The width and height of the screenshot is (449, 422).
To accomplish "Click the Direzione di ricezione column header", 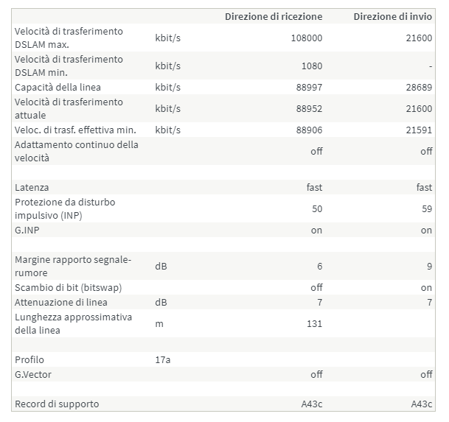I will (x=273, y=16).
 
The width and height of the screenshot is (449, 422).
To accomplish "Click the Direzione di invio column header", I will (x=392, y=16).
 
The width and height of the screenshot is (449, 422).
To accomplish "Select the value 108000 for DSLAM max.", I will (x=307, y=38).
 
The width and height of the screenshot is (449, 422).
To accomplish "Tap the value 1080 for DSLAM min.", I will (x=312, y=66).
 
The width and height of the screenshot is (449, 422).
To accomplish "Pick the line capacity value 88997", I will (x=310, y=88).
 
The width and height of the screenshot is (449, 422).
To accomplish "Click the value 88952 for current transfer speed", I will (x=310, y=109).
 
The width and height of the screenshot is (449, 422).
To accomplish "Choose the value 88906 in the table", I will (x=310, y=130).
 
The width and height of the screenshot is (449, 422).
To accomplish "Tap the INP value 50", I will (x=317, y=209).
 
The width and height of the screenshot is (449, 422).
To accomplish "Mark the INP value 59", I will (x=426, y=209).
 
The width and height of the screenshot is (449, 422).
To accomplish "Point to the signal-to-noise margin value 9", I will (x=429, y=266).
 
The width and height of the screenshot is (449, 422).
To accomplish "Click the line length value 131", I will (x=314, y=323).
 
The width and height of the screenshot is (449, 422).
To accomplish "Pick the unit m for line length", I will (x=159, y=323).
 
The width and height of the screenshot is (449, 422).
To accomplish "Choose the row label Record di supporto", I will (x=57, y=404).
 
